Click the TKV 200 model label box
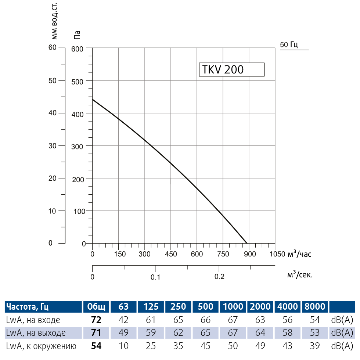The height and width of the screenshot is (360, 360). pyautogui.click(x=231, y=69)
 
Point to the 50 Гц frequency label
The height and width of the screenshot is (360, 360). pyautogui.click(x=289, y=45)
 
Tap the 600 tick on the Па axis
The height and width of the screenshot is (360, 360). pyautogui.click(x=78, y=48)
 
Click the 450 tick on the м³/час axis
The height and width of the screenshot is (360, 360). pyautogui.click(x=171, y=254)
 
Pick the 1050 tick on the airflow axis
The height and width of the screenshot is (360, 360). pyautogui.click(x=276, y=254)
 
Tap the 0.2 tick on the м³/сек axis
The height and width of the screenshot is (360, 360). pyautogui.click(x=219, y=276)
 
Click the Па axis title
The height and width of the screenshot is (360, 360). pyautogui.click(x=77, y=35)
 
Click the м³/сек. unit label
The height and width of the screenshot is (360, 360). pyautogui.click(x=300, y=274)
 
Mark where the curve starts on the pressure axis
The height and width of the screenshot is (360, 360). pyautogui.click(x=93, y=99)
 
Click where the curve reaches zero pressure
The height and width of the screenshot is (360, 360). pyautogui.click(x=247, y=243)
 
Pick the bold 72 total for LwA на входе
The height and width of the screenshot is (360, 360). pyautogui.click(x=96, y=320)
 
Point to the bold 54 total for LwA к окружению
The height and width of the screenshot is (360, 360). pyautogui.click(x=96, y=346)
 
